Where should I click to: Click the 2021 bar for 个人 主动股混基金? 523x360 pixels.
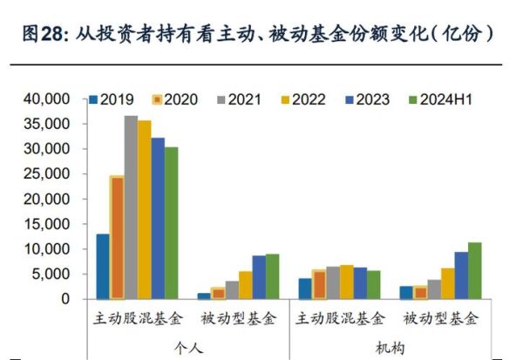131,207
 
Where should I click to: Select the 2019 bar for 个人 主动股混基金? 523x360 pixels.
103,266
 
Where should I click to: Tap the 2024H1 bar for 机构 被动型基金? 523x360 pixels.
474,270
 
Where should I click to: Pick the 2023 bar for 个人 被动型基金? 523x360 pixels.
259,276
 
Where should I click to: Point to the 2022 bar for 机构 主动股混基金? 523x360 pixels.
345,282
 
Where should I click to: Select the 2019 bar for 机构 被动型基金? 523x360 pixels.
406,292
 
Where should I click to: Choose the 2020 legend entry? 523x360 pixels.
175,98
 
